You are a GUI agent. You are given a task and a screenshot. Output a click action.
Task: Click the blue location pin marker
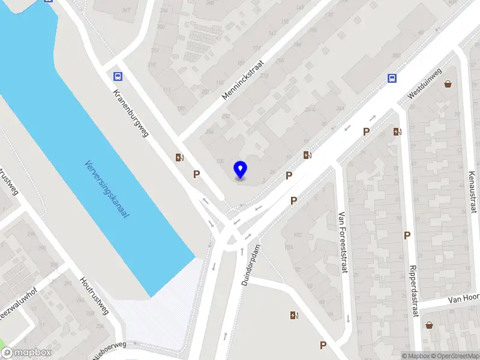coord(241,170)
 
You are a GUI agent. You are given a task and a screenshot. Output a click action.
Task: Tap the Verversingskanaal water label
coord(107,189)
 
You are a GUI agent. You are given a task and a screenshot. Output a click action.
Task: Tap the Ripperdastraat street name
coord(413,291)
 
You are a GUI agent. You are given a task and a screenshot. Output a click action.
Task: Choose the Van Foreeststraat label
coord(343,242)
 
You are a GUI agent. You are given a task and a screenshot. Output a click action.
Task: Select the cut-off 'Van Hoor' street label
coord(464,298)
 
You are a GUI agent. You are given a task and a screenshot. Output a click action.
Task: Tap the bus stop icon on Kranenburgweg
coord(118,76)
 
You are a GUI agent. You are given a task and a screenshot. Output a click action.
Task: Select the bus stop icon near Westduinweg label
coord(392,78)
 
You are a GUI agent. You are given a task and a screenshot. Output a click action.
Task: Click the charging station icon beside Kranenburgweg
coord(179,158)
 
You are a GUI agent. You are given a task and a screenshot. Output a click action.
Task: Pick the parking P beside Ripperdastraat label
coord(407,236)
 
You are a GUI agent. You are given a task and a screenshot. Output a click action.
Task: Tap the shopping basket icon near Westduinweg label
coord(448,84)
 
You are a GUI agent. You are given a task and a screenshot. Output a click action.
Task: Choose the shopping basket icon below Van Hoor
coord(430,326)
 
